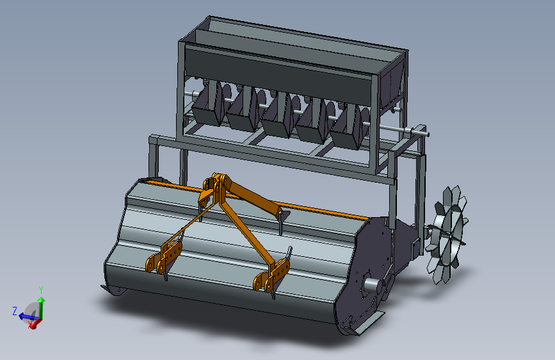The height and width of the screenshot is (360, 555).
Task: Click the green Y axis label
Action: point(41,291)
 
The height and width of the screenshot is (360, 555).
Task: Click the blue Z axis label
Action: point(15,311)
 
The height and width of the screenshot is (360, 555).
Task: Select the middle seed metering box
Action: point(278,117)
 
